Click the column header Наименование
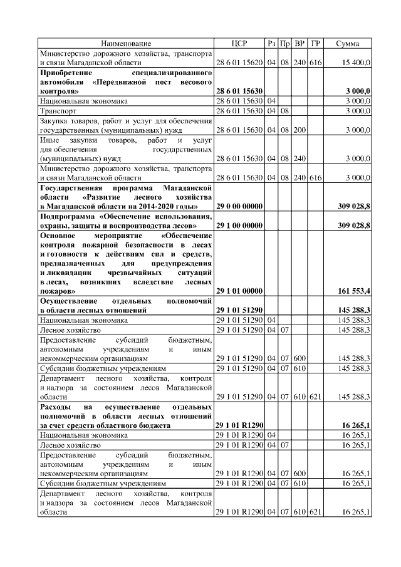(x=126, y=43)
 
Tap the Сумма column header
(x=347, y=43)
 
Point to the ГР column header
(x=316, y=43)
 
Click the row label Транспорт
(x=58, y=111)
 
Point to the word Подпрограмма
(x=68, y=216)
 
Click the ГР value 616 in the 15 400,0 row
(x=316, y=63)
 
